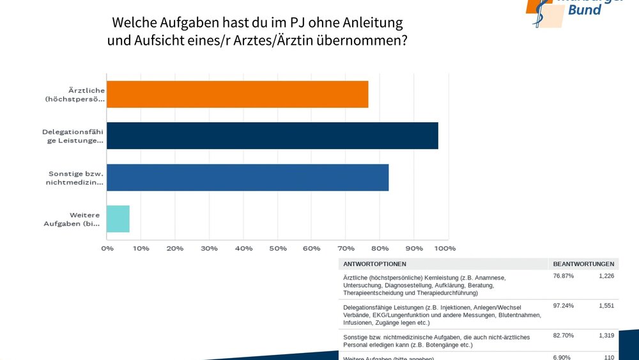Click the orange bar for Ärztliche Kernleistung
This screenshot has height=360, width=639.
tap(237, 94)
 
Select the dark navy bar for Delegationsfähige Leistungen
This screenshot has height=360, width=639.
tap(272, 136)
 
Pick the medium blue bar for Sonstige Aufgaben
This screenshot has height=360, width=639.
tap(247, 177)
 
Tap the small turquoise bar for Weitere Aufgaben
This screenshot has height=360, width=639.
tap(118, 219)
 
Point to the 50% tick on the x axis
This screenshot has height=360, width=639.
tap(277, 248)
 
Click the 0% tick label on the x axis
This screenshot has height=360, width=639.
tap(107, 248)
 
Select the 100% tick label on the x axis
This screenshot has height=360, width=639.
tap(445, 248)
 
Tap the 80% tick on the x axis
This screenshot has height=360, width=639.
tap(380, 248)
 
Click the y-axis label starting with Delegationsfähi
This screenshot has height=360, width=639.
tap(73, 136)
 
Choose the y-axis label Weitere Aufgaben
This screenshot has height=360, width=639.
tap(72, 219)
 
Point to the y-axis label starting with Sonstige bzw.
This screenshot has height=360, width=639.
tap(75, 177)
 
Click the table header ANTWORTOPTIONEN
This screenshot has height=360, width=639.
tap(374, 263)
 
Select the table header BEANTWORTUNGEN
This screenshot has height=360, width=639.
tap(583, 263)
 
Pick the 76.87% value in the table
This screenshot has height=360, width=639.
tap(563, 276)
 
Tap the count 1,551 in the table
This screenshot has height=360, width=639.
tap(606, 306)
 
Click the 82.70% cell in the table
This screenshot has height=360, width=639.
tap(563, 335)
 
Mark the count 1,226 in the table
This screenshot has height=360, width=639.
tap(606, 276)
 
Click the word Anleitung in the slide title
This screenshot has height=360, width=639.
tap(373, 22)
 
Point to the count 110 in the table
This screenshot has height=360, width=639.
tap(608, 357)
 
